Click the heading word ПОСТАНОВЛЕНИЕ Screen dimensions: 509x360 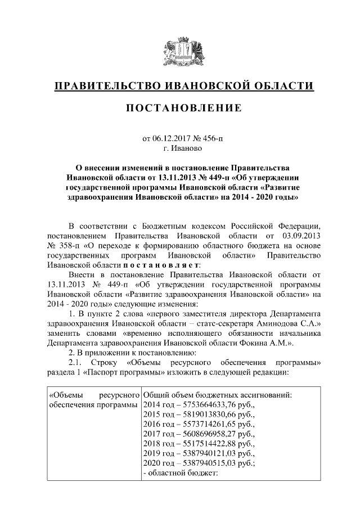tap(180, 107)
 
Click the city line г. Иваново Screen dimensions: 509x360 tap(180, 149)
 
